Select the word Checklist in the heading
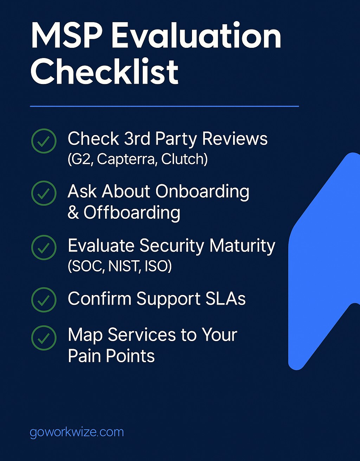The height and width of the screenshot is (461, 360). tap(105, 72)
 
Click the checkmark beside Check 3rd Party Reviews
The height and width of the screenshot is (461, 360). tap(44, 141)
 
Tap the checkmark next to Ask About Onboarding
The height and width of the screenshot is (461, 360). tap(44, 193)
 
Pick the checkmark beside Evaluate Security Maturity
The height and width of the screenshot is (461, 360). tap(44, 248)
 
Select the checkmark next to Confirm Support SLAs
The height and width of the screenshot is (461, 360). tap(44, 300)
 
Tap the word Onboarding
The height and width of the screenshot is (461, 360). tap(202, 192)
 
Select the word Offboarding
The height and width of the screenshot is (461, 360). tap(132, 213)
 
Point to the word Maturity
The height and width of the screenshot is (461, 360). tap(242, 246)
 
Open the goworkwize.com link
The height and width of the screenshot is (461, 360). tap(77, 432)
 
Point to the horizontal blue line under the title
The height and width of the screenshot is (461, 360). tap(165, 106)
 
